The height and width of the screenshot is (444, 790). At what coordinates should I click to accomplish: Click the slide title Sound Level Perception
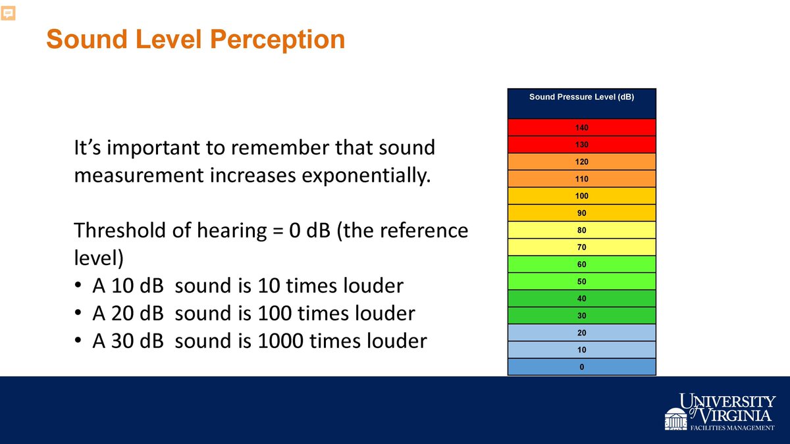(196, 39)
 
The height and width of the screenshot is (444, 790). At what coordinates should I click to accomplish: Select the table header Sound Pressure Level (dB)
(581, 97)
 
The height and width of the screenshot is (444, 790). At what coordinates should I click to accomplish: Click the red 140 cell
(581, 127)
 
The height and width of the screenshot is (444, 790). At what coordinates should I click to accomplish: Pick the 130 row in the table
(581, 144)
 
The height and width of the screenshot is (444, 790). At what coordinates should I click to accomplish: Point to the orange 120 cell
(581, 161)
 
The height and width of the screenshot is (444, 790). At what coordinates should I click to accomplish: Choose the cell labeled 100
(581, 196)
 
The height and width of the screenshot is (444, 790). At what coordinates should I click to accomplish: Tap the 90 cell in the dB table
(581, 213)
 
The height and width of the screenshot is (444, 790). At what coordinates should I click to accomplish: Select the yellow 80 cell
(581, 230)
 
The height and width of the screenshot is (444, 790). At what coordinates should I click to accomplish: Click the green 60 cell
(581, 264)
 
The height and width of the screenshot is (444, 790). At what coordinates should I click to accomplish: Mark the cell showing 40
(581, 299)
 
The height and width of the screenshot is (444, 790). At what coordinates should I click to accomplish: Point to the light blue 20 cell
(581, 333)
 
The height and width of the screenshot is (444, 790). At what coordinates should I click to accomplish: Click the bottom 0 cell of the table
(581, 367)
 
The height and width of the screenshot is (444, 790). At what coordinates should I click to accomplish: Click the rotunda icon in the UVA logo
(675, 419)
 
